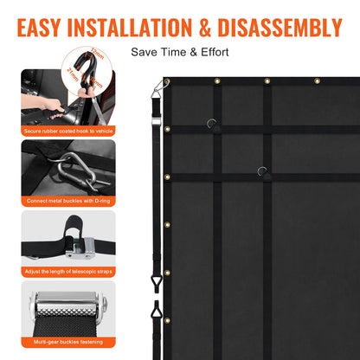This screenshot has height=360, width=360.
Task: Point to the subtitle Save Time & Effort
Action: [x=179, y=52]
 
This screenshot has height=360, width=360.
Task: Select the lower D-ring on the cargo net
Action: [x=262, y=171]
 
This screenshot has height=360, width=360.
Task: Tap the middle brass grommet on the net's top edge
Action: [x=267, y=81]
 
